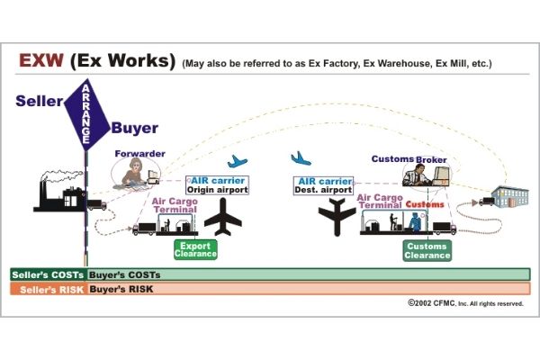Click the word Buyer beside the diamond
pos(134,128)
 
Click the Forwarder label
pos(139,154)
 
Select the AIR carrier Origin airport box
pos(217,184)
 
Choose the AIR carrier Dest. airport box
pos(323,184)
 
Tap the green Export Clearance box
pos(195,249)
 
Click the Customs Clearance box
pos(426,250)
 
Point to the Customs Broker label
pos(409,159)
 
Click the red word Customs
pos(424,204)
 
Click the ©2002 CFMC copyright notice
pos(464,304)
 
